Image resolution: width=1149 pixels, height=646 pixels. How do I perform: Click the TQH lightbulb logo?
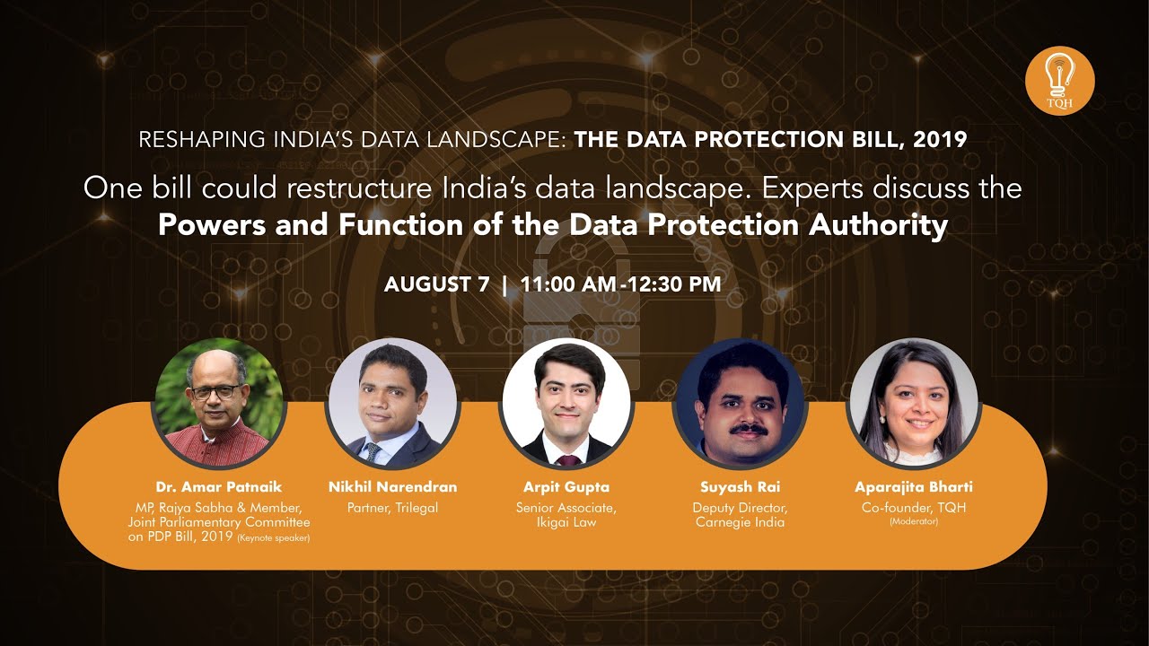point(1059,81)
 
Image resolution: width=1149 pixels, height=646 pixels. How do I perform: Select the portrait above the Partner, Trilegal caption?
point(392,404)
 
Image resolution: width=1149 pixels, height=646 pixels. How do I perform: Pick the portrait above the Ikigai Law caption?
point(566,404)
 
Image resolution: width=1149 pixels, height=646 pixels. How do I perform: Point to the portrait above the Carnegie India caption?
point(741,404)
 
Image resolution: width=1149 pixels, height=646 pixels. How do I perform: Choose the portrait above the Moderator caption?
point(914,404)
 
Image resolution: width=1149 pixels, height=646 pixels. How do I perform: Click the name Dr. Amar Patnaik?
point(219,487)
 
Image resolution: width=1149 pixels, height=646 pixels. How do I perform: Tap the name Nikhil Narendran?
point(392,487)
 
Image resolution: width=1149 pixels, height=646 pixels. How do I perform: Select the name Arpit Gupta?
point(566,487)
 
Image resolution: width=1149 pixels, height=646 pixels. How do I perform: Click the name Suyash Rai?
point(741,487)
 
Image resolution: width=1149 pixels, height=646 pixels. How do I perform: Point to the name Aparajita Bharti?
point(914,487)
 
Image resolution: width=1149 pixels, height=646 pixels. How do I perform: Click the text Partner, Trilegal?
point(392,508)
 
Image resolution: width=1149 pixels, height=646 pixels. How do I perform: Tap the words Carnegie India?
point(741,522)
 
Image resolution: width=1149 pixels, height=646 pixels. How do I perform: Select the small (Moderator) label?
point(914,521)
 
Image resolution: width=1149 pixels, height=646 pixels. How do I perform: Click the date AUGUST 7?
point(436,284)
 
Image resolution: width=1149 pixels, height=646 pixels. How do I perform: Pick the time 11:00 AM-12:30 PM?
point(620,284)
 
